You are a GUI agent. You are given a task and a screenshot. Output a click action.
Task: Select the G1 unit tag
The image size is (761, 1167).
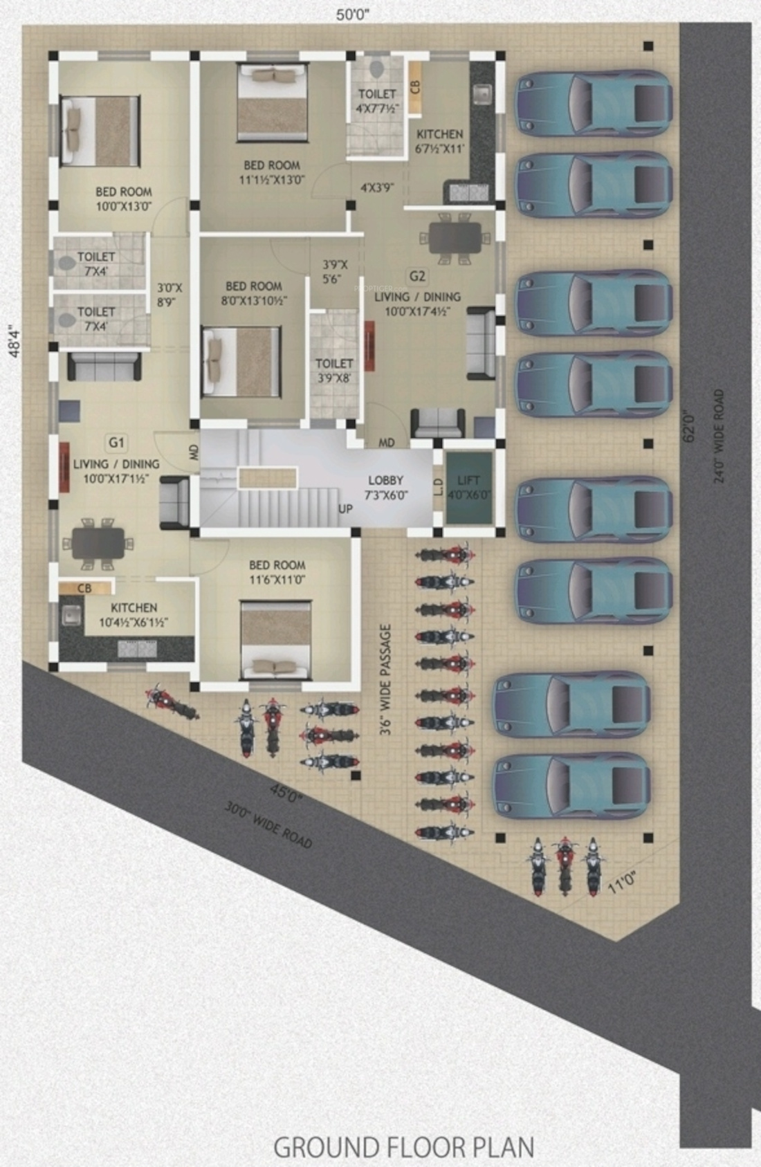click(x=116, y=443)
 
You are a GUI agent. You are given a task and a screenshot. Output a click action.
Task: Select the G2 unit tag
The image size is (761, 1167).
click(x=416, y=277)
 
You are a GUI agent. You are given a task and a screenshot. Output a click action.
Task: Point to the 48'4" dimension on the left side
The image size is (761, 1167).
click(x=13, y=342)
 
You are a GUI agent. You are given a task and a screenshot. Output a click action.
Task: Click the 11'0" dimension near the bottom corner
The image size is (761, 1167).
click(x=621, y=883)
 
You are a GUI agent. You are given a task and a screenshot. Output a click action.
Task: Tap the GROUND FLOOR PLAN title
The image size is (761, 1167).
click(x=404, y=1147)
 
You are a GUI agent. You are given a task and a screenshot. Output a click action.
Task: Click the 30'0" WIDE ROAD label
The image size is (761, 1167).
click(x=268, y=825)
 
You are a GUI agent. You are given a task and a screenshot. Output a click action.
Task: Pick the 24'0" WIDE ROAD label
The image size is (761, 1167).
click(x=719, y=436)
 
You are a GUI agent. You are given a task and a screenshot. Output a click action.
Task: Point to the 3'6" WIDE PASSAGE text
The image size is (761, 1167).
click(x=386, y=679)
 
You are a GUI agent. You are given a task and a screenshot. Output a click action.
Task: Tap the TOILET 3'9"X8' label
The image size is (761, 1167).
click(x=334, y=371)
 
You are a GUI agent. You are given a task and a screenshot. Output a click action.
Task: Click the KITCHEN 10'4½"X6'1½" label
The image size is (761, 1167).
click(x=134, y=615)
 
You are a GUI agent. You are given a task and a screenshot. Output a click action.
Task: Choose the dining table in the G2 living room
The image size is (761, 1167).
click(x=455, y=239)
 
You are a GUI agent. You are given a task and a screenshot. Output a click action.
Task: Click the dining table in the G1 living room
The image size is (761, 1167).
click(x=98, y=543)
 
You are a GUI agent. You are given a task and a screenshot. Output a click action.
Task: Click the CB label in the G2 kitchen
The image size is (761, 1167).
click(x=415, y=87)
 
